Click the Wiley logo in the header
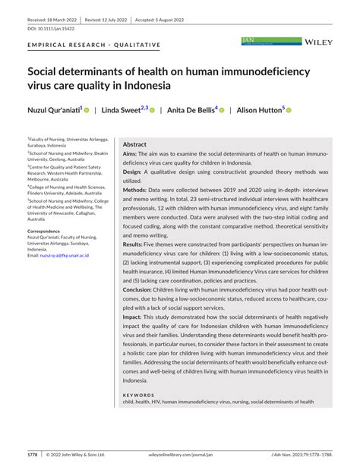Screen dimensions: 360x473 click(x=320, y=43)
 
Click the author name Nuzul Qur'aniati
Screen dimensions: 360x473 click(x=54, y=110)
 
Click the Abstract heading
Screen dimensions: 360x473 click(x=134, y=143)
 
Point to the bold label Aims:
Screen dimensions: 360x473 click(x=131, y=153)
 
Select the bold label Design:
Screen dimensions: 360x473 click(x=134, y=172)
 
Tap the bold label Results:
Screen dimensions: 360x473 click(x=136, y=244)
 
